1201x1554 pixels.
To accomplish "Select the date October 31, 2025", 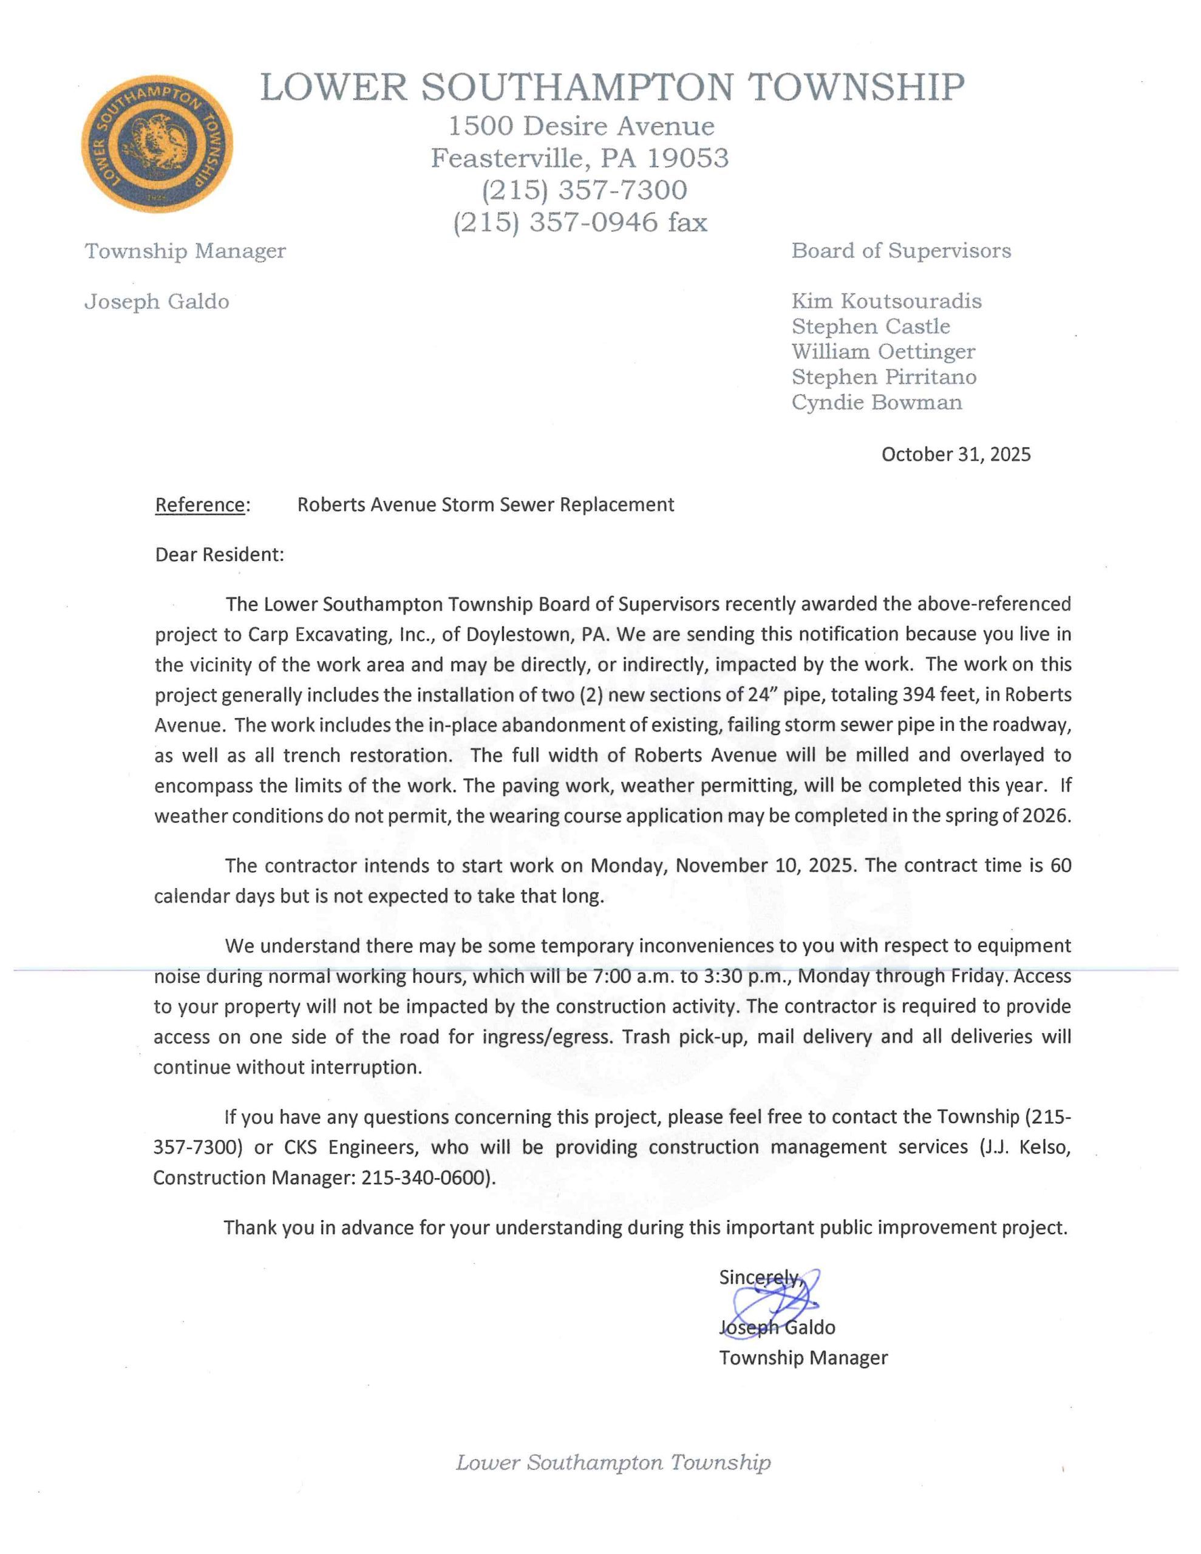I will pos(955,455).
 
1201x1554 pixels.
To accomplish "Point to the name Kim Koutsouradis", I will pos(886,301).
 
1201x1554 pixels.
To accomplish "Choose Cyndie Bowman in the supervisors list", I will pos(876,402).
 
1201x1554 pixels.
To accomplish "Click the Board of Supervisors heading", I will pos(900,251).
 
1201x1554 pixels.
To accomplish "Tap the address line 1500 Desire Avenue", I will pos(581,127).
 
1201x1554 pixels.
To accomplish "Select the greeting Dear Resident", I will pos(219,555).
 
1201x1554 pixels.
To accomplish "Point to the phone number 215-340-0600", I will pos(426,1178).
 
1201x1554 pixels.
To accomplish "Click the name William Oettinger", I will pos(883,352).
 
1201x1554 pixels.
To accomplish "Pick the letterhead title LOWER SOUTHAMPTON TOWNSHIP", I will pos(612,87).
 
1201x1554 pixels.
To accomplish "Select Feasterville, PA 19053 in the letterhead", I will pos(579,158).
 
